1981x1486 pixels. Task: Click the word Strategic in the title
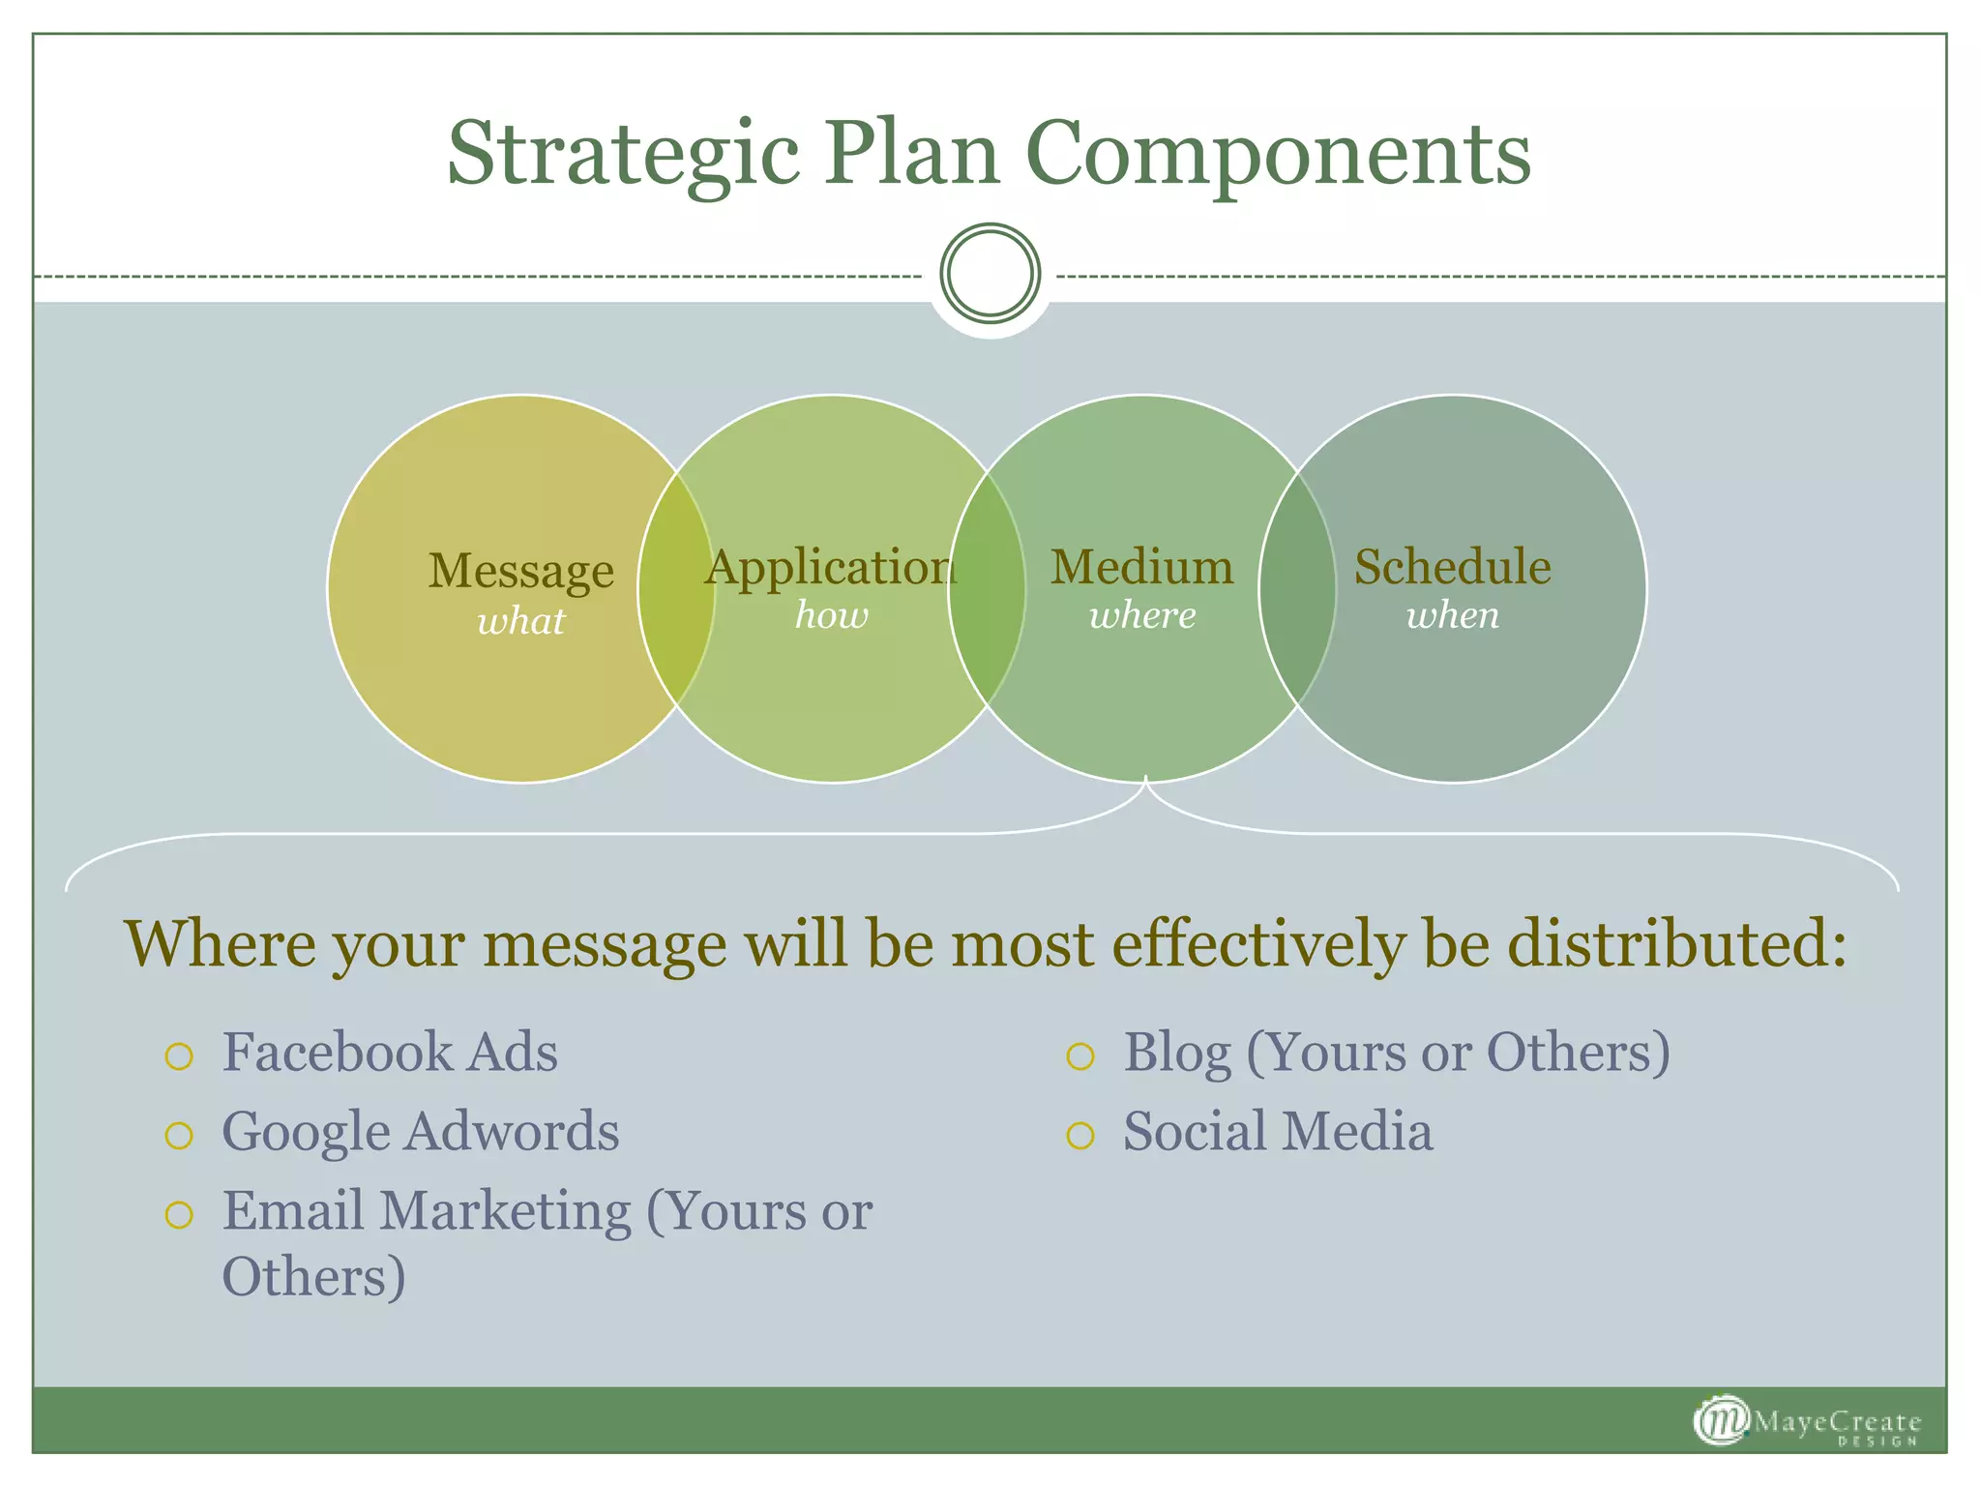click(x=623, y=155)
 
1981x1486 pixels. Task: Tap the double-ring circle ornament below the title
click(x=990, y=274)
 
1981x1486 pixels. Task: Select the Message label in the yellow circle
click(x=521, y=571)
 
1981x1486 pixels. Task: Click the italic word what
click(x=521, y=621)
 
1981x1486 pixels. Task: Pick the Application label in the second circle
click(x=830, y=568)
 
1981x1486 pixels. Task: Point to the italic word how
click(x=832, y=615)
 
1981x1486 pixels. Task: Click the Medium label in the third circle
click(x=1142, y=568)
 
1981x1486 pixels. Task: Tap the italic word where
click(x=1142, y=615)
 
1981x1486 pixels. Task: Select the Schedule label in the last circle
click(x=1452, y=568)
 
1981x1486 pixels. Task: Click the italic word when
click(x=1452, y=615)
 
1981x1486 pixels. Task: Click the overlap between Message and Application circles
click(x=676, y=588)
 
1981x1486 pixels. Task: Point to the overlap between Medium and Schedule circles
click(x=1297, y=588)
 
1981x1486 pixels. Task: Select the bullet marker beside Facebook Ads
click(x=179, y=1056)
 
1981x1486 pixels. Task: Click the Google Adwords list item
click(x=421, y=1131)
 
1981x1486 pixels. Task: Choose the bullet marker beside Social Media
click(x=1079, y=1136)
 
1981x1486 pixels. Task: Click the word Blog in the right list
click(x=1176, y=1053)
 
